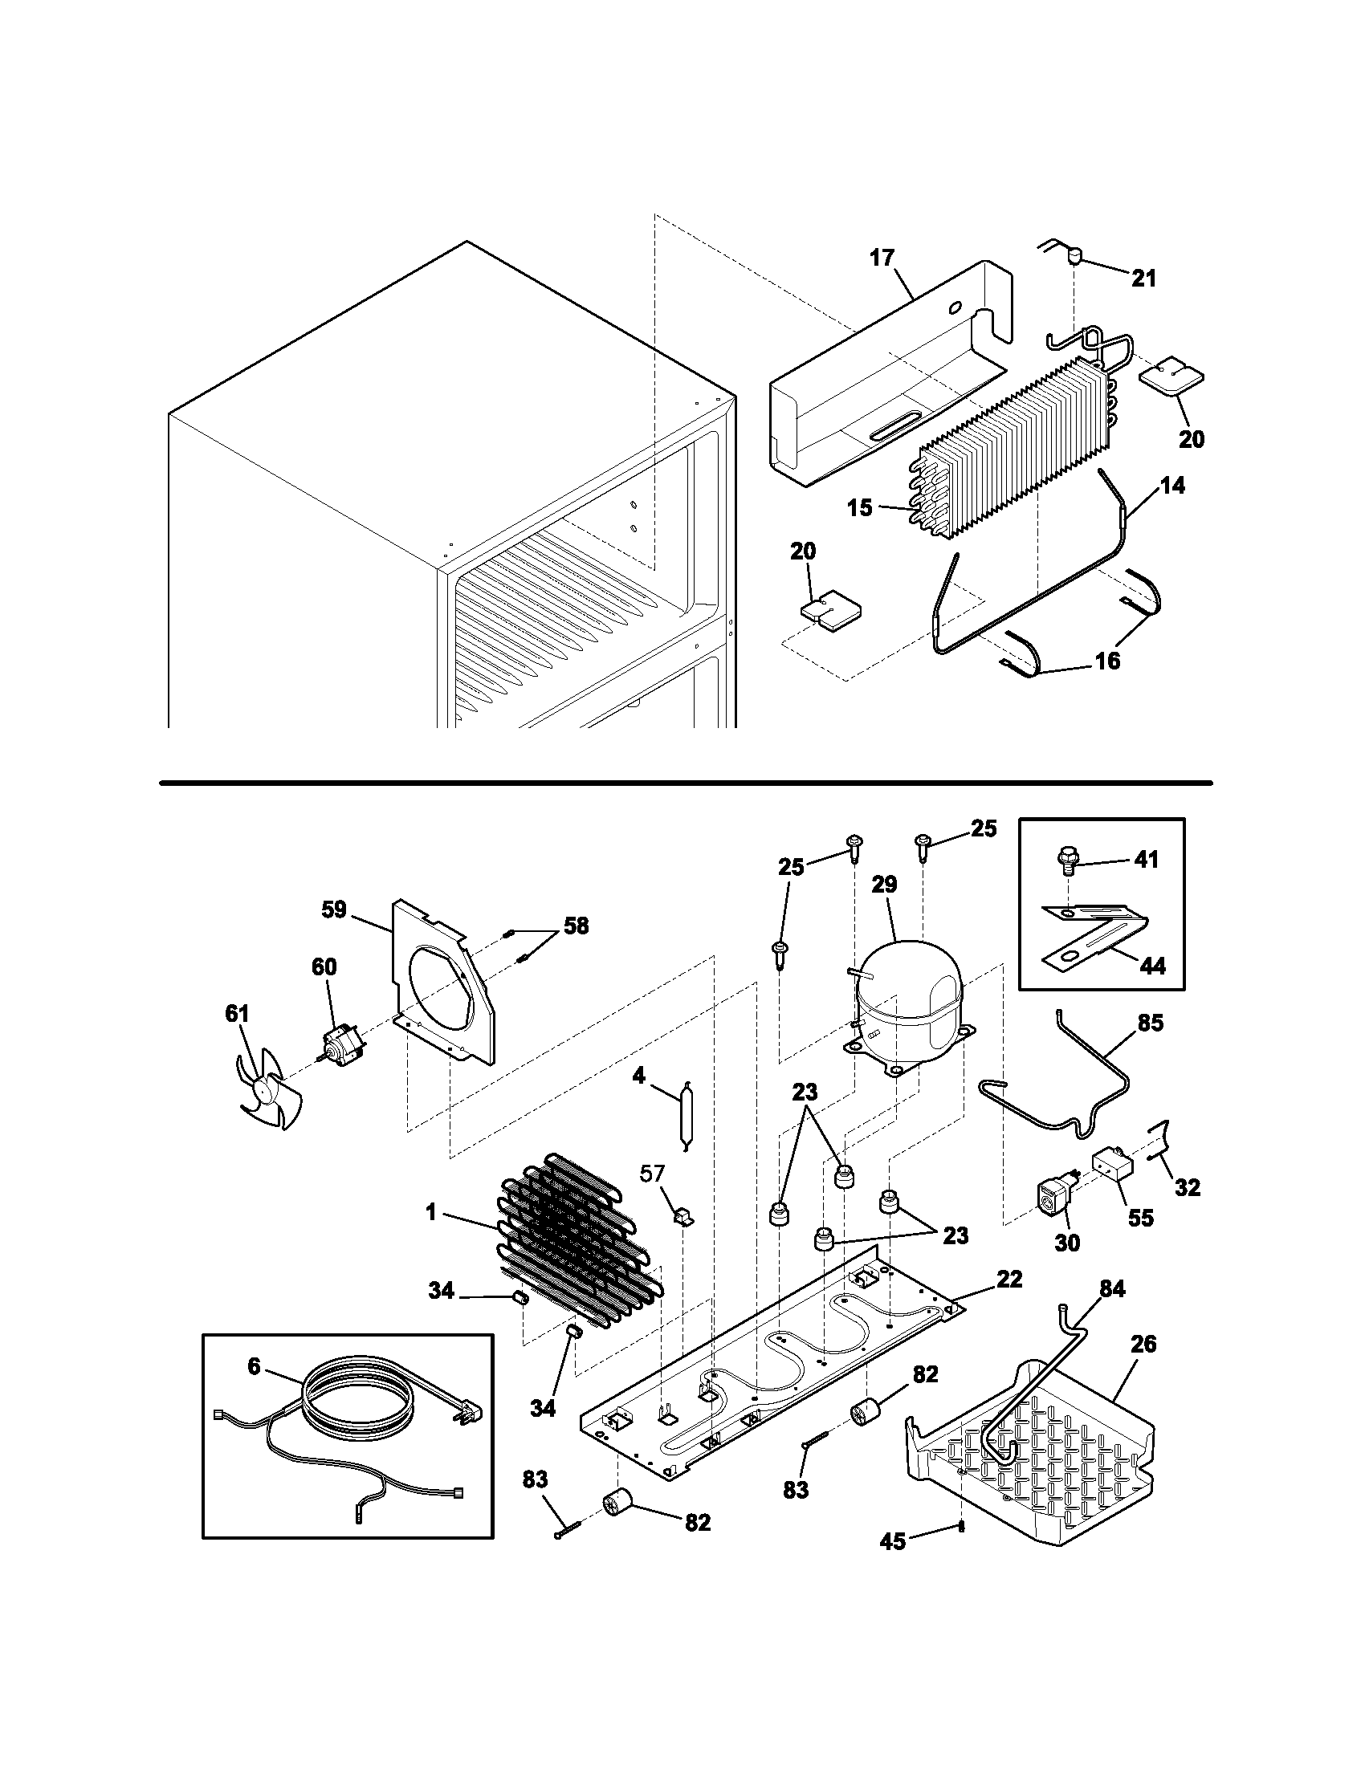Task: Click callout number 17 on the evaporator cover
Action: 882,258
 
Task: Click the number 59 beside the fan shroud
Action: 333,909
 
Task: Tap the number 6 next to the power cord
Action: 255,1365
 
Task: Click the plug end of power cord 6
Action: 471,1413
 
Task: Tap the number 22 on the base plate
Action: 1009,1279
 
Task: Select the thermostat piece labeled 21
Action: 1074,256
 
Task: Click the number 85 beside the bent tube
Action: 1150,1023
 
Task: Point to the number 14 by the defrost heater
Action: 1172,485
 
